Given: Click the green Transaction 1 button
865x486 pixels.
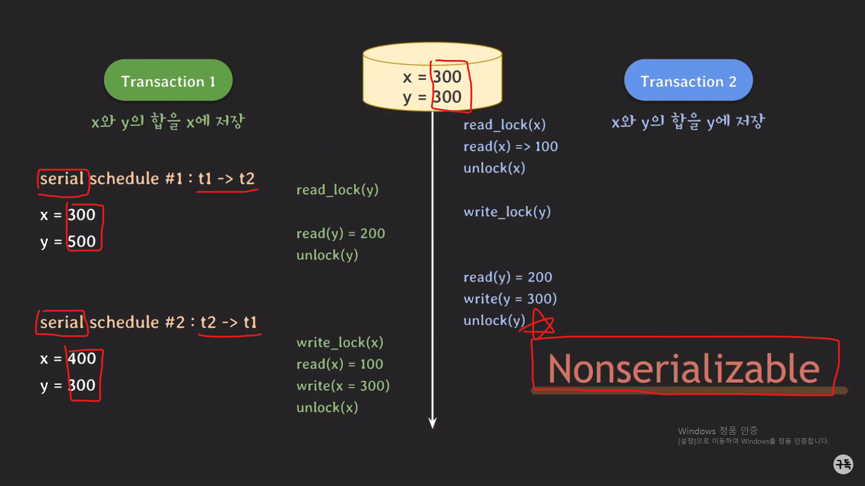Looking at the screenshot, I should (168, 81).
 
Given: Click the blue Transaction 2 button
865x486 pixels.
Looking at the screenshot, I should (688, 81).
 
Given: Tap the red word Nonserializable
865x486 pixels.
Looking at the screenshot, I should (683, 369).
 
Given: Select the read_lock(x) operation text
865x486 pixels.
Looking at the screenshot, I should (504, 125).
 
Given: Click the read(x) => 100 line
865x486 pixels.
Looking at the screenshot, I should (510, 146).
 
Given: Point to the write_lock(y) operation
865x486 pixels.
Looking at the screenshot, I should (507, 211).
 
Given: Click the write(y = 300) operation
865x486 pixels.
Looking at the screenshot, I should (510, 298).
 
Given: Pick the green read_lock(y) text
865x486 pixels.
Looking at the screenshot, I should (337, 189).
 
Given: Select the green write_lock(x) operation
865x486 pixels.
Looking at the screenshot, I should (340, 342).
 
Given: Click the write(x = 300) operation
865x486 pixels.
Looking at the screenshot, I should (343, 386).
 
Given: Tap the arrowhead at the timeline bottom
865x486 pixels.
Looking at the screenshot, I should (432, 423).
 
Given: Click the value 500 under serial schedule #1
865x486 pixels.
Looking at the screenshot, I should (82, 242).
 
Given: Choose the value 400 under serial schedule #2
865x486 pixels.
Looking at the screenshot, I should (82, 359).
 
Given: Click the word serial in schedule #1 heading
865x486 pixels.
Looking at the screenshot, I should (62, 179).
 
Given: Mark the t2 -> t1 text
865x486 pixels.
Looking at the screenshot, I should (228, 322).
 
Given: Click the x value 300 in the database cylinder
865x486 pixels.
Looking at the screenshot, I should (447, 77).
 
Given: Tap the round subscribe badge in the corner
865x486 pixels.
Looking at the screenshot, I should (843, 464).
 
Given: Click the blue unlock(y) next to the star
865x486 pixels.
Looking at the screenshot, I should (494, 320).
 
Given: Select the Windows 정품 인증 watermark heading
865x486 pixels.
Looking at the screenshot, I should (718, 431).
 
